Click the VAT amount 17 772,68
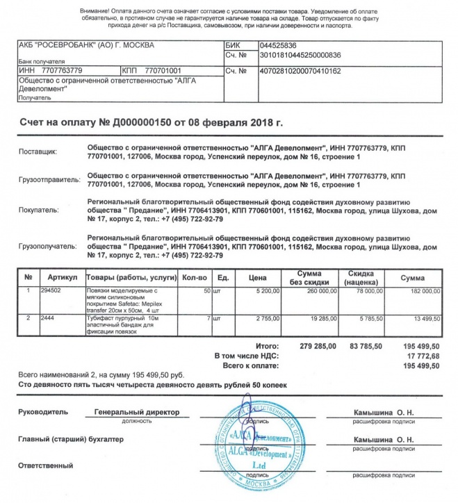426,355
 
